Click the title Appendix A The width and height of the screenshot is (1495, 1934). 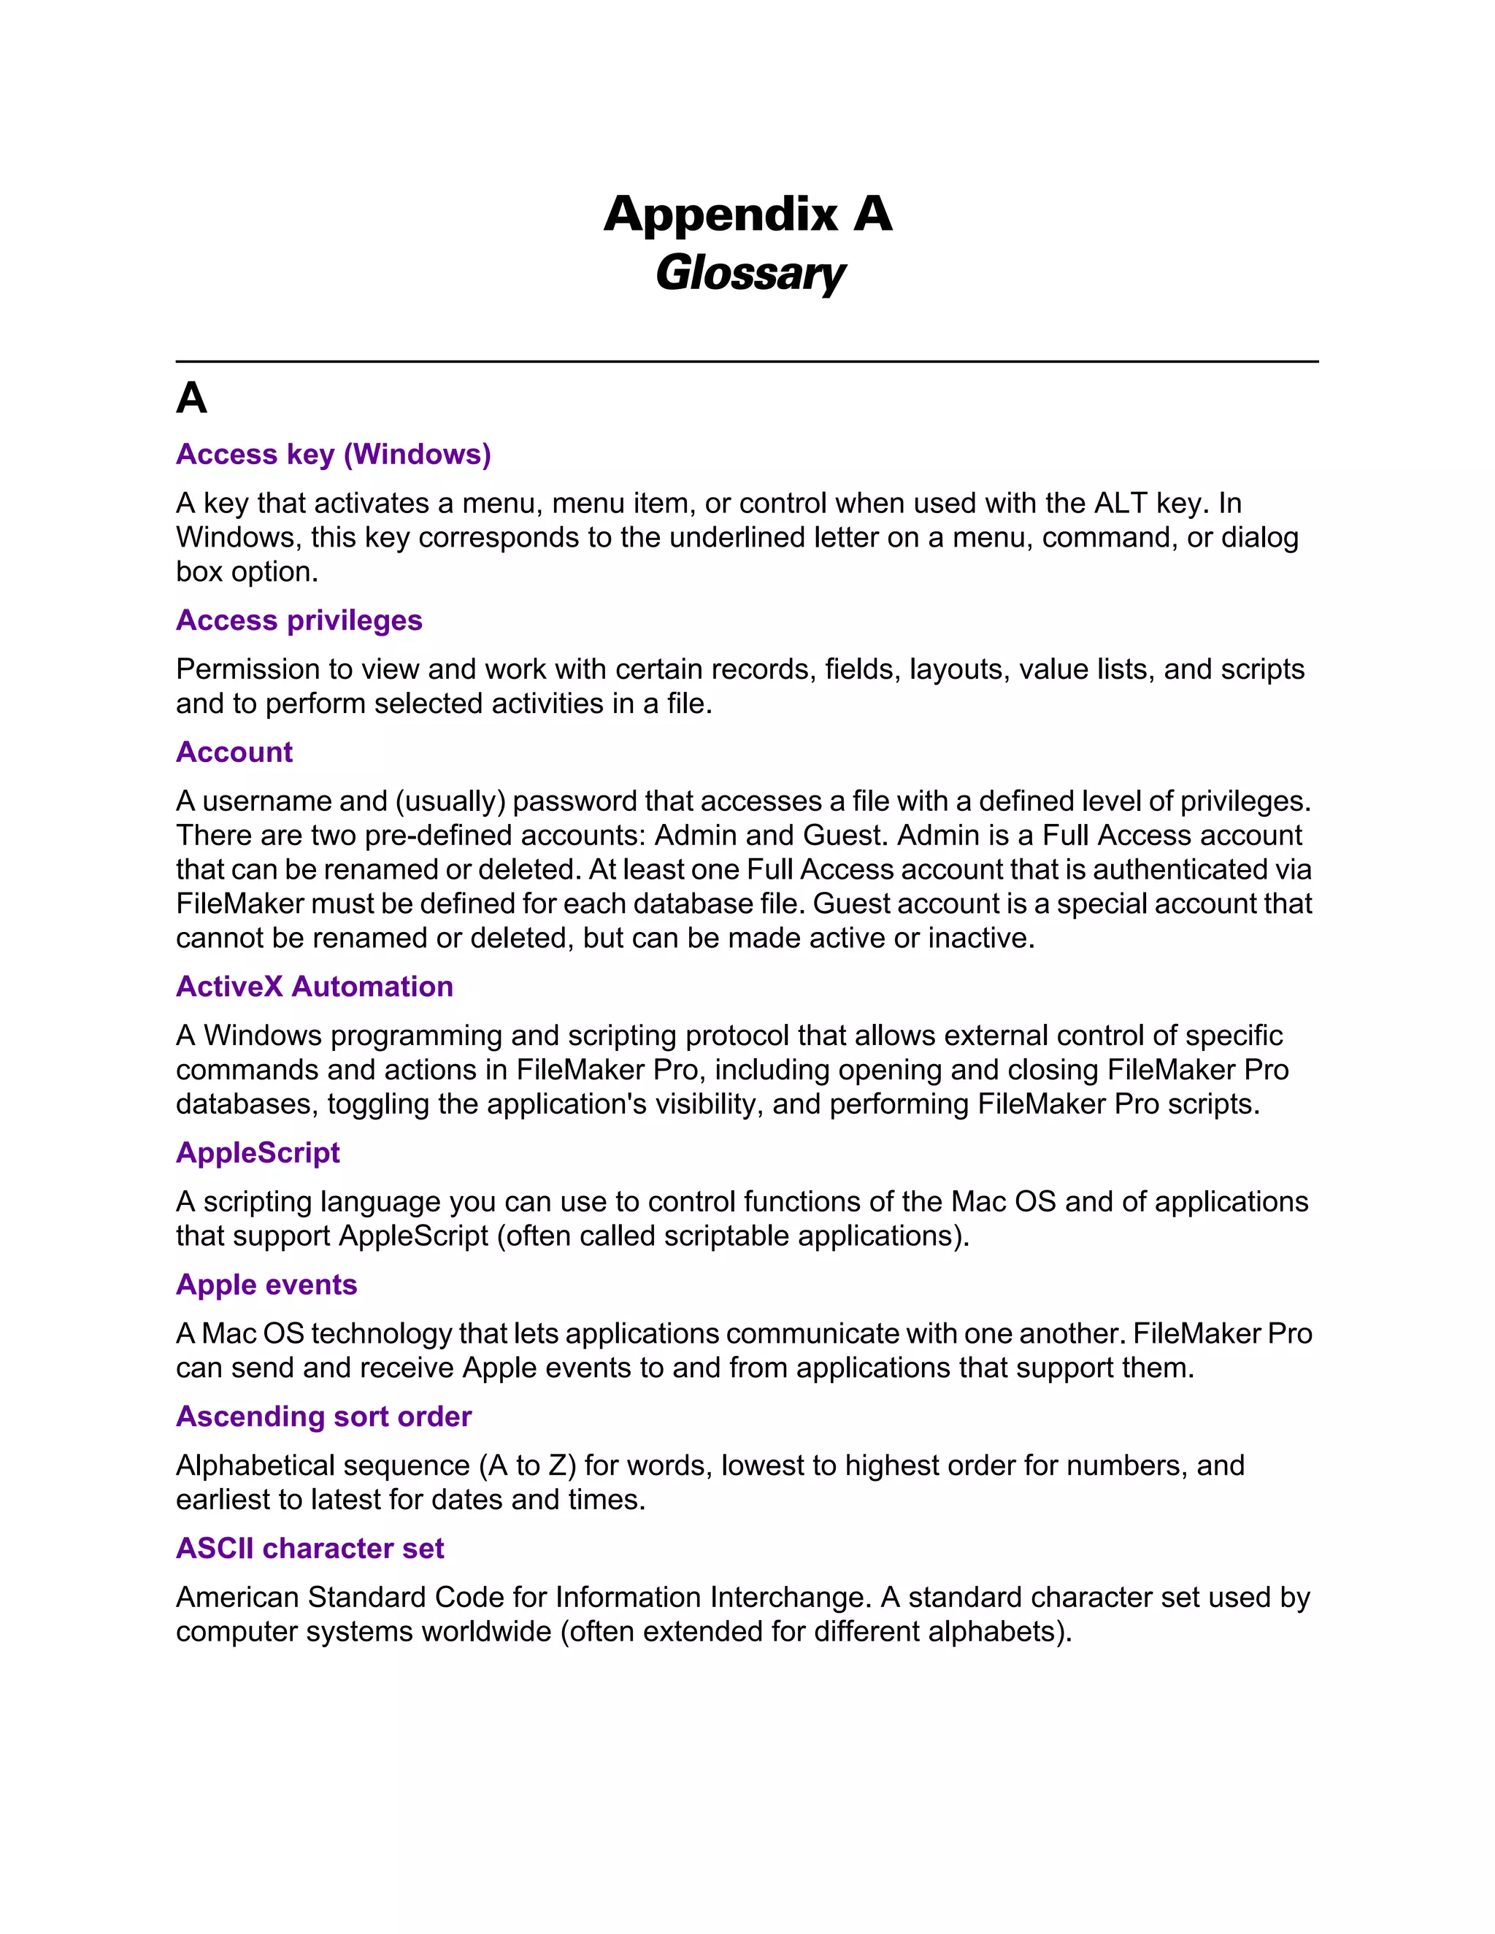747,215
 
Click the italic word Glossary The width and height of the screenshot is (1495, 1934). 749,273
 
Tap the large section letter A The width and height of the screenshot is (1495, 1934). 191,398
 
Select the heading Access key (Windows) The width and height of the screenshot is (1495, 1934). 333,454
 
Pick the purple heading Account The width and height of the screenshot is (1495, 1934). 234,752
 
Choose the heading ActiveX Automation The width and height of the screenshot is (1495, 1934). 315,987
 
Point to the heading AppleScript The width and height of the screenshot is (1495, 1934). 258,1152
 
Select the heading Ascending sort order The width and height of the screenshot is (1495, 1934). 323,1416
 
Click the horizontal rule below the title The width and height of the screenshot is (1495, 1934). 747,361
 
